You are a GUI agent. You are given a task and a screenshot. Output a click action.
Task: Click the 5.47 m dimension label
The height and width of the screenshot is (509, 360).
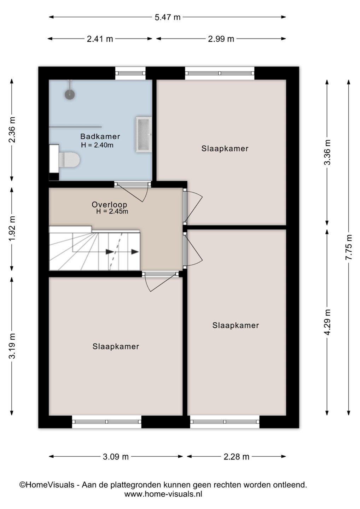168,17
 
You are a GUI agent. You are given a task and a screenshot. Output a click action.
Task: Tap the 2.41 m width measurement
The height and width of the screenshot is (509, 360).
100,39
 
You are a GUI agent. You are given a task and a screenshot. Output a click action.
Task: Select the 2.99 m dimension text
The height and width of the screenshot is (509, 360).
221,39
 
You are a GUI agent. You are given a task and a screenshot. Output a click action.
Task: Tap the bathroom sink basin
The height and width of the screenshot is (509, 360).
144,134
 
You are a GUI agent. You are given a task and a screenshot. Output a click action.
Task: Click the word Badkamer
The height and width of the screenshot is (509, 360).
100,136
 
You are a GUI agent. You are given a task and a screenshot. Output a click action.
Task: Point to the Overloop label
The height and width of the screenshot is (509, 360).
109,205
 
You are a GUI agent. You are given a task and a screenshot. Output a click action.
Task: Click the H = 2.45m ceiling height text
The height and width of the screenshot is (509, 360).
112,211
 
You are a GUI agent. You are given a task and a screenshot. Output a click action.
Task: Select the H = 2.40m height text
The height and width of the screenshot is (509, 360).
97,145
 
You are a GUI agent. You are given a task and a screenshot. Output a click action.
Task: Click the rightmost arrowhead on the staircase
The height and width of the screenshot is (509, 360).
135,252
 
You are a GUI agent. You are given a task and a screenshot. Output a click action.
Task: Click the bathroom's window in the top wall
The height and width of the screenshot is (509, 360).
130,73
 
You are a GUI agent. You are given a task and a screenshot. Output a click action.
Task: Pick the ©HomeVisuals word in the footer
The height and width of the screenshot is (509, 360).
47,485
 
